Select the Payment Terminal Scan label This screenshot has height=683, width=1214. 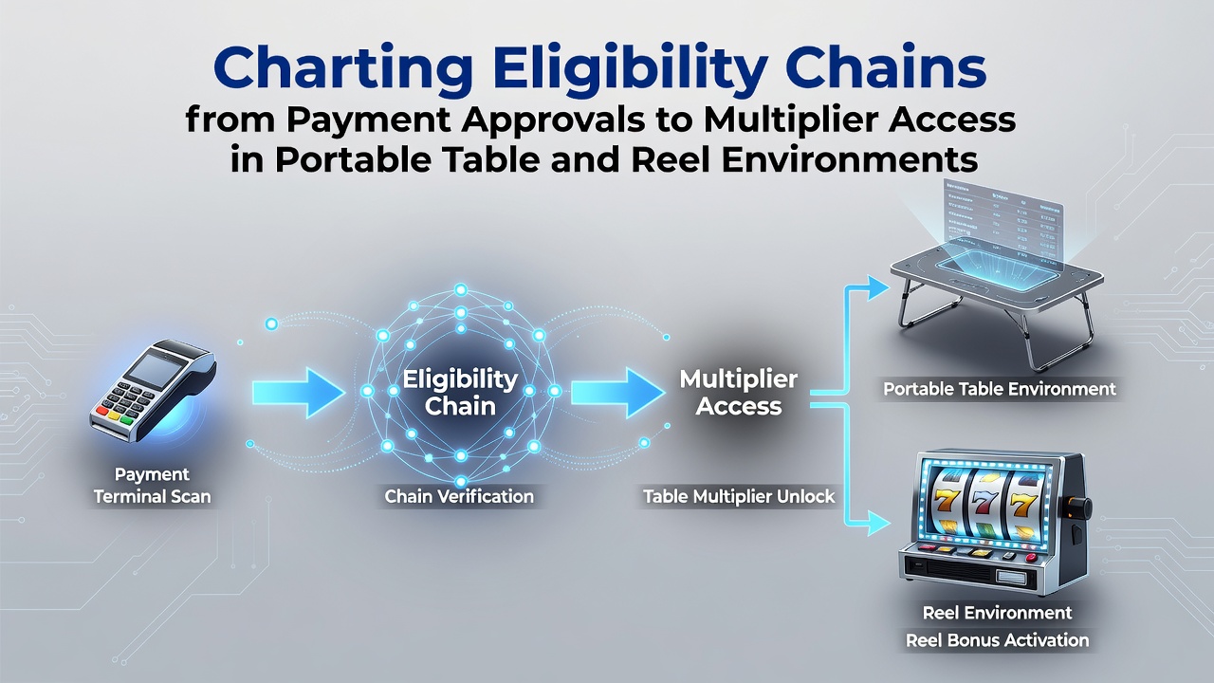[x=153, y=485]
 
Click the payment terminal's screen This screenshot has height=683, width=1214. [x=156, y=371]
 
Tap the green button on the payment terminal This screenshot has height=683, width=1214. [x=126, y=420]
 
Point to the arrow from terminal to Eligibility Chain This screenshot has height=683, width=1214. [x=299, y=393]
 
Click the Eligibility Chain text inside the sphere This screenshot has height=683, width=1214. [x=460, y=392]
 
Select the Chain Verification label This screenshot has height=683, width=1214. [x=459, y=496]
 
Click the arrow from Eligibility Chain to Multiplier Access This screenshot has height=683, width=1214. [x=618, y=393]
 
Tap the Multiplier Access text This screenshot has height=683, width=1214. [x=739, y=392]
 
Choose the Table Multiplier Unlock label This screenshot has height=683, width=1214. [x=739, y=496]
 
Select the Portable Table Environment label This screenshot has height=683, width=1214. [x=1000, y=389]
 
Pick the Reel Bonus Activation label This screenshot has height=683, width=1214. [x=997, y=640]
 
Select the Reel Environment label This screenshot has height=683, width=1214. [x=997, y=613]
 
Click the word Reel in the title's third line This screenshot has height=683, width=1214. [x=671, y=160]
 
